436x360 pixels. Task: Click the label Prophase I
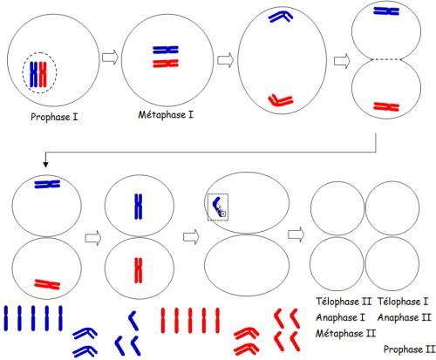54,117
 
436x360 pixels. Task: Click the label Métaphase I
166,115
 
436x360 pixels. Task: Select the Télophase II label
344,302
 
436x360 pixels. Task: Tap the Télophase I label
403,302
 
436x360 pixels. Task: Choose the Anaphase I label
340,317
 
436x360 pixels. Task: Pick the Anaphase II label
404,317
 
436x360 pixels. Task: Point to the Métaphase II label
345,333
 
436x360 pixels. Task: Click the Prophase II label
409,349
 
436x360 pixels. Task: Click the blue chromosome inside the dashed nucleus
34,74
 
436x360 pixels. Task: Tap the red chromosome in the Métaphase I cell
166,64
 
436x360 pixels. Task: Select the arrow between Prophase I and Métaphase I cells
110,57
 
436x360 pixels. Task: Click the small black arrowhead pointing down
45,165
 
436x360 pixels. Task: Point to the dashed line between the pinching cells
386,59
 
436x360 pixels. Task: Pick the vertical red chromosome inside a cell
139,270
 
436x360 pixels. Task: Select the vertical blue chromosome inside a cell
139,207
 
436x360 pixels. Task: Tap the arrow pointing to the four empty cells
296,234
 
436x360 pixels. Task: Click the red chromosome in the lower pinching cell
386,106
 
